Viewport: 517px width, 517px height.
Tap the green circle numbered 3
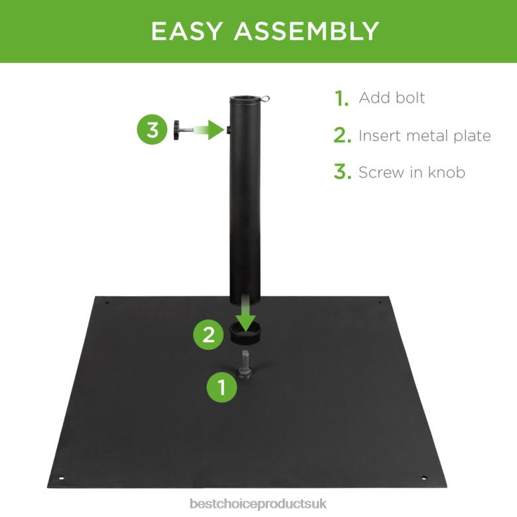pos(153,130)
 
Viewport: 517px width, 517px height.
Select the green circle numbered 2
pos(209,335)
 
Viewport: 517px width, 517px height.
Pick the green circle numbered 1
pos(223,386)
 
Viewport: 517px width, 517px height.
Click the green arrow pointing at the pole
pos(212,130)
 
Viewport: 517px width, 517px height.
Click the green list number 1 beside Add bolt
pos(342,99)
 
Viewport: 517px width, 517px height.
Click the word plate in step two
pos(471,136)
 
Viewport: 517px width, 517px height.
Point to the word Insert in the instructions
pos(379,136)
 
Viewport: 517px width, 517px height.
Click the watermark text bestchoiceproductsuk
pos(258,505)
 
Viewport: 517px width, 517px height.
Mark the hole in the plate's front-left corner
pos(61,477)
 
